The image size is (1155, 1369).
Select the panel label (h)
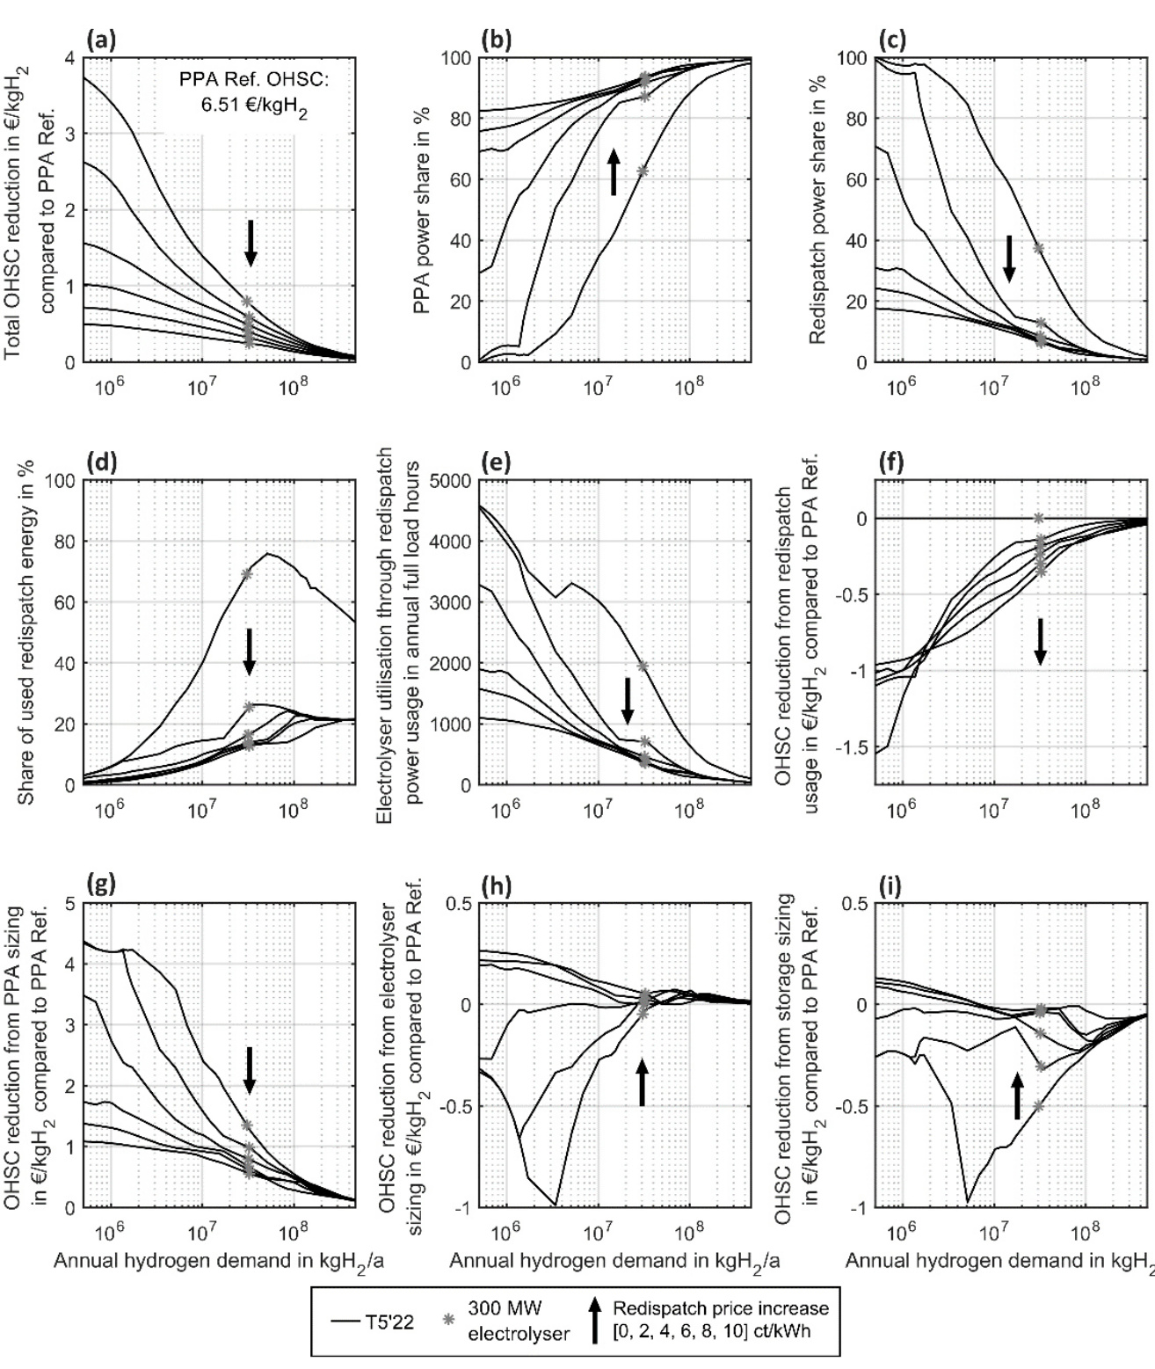(498, 885)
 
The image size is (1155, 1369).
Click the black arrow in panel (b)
(614, 171)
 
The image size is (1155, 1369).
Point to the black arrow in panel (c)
(1009, 259)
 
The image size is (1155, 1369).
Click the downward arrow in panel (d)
(249, 652)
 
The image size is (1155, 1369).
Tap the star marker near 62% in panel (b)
(643, 171)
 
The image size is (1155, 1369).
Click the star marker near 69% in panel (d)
(247, 574)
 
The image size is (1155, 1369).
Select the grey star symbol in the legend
(448, 1319)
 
